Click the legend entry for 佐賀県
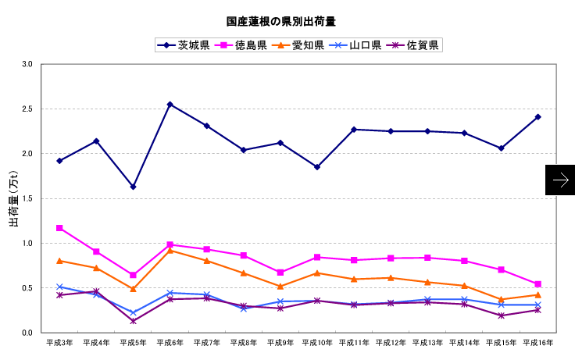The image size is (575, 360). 414,45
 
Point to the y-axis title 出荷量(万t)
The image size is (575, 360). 13,200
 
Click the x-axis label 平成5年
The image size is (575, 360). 133,342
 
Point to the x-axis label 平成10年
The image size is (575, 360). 316,342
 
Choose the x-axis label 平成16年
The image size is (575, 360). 537,342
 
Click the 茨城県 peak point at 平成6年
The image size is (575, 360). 170,104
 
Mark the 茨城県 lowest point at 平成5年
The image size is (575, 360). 133,187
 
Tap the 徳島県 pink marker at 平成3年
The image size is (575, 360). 59,228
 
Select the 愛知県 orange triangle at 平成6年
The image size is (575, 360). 170,250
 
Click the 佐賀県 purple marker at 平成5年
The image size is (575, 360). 133,321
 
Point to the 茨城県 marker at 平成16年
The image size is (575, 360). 537,117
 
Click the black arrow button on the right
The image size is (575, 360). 560,180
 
